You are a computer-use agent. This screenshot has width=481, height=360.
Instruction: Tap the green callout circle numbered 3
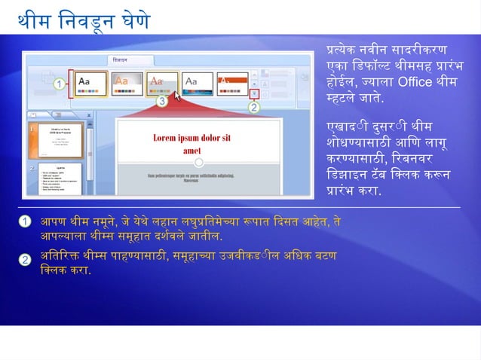coord(161,100)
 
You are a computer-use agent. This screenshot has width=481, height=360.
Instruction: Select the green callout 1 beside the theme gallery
coord(58,85)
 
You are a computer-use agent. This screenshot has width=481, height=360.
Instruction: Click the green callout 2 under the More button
coord(254,108)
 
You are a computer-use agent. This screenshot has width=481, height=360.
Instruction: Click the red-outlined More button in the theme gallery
coord(255,94)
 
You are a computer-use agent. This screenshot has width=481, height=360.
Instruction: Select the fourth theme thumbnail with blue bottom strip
coord(198,82)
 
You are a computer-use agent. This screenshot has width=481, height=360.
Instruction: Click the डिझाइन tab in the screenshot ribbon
coord(121,59)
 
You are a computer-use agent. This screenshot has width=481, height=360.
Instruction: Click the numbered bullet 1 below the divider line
coord(25,221)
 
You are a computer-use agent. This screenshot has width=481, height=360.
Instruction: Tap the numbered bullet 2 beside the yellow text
coord(25,260)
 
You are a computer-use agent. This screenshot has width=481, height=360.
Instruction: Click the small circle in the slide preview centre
coord(198,162)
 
